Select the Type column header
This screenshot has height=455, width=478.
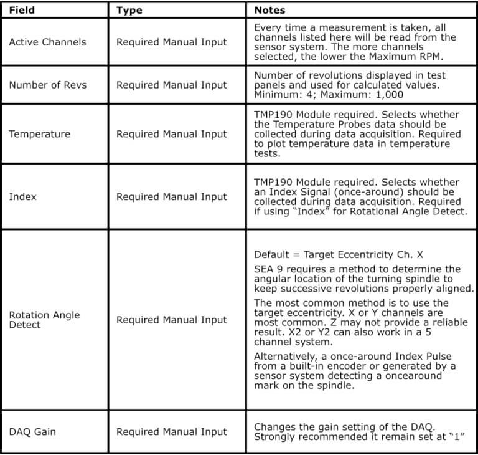coord(129,11)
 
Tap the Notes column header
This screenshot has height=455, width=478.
coord(269,11)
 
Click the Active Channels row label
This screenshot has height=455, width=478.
coord(47,42)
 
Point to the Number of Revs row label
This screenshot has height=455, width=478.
coord(47,85)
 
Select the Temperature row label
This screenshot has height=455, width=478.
coord(39,133)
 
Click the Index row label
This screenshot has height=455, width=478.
coord(22,196)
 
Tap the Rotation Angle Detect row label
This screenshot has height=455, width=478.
coord(44,320)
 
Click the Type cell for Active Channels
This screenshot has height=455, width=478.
coord(171,42)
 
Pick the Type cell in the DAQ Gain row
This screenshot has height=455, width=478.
coord(171,431)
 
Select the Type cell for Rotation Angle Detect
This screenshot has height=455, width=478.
coord(171,320)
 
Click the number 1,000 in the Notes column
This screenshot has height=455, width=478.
coord(390,95)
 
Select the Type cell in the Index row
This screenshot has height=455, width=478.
coord(171,196)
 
